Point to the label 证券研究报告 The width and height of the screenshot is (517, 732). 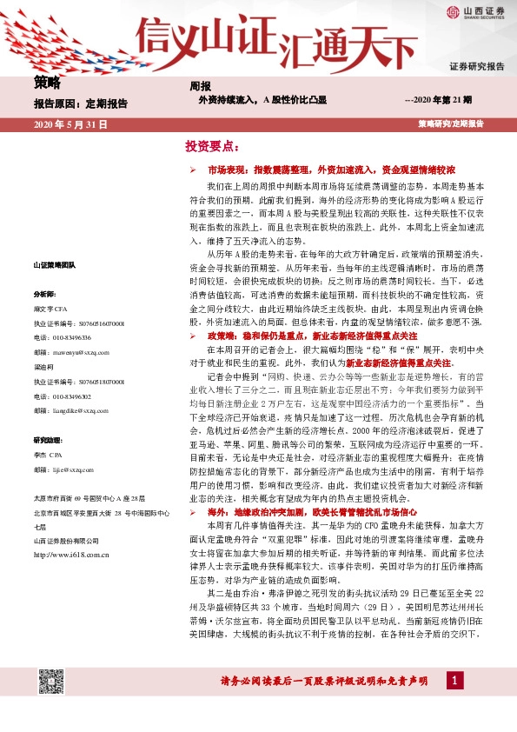477,66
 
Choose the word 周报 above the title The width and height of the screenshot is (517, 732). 201,86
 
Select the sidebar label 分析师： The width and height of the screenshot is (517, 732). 45,319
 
